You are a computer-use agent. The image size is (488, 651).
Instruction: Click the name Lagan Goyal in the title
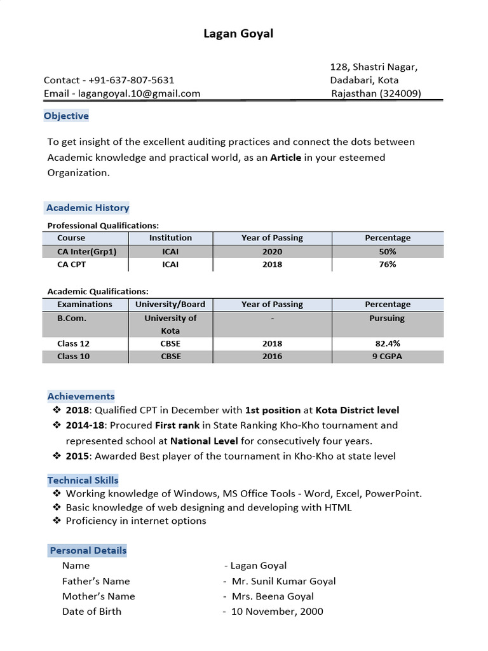click(x=238, y=34)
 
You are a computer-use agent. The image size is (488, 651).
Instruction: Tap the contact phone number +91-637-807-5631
click(x=132, y=80)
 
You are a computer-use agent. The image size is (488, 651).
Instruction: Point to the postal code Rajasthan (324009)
click(x=376, y=93)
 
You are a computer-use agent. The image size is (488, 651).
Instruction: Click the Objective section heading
click(x=66, y=116)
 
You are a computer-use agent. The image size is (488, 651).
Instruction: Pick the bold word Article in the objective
click(x=286, y=157)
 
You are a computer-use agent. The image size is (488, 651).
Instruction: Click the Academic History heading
click(x=88, y=208)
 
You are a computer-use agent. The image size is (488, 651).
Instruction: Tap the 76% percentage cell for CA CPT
click(x=388, y=264)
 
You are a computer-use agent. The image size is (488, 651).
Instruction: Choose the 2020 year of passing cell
click(x=272, y=251)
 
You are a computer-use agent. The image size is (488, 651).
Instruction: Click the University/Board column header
click(x=170, y=305)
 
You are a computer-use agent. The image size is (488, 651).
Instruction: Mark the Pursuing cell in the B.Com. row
click(x=387, y=318)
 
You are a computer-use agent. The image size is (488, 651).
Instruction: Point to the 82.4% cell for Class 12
click(x=388, y=343)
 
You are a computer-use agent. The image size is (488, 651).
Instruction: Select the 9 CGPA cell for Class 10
click(x=387, y=356)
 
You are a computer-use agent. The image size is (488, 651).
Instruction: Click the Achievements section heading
click(x=81, y=396)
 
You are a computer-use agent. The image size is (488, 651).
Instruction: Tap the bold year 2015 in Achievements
click(x=78, y=456)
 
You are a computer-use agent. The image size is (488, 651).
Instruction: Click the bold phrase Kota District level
click(x=358, y=410)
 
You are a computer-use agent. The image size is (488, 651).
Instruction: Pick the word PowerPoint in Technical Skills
click(x=393, y=493)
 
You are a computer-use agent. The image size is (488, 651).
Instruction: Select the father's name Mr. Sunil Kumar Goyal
click(x=283, y=581)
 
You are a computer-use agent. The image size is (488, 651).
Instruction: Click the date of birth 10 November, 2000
click(x=277, y=612)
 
